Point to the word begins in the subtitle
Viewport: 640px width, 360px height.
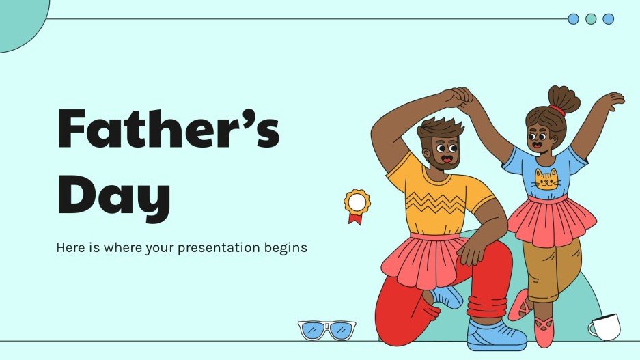[285, 247]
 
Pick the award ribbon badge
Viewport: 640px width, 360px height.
[356, 205]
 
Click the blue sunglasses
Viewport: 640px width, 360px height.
[327, 329]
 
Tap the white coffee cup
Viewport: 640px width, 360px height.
[604, 327]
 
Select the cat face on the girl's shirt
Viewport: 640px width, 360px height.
[546, 180]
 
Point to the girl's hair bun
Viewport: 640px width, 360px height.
[564, 98]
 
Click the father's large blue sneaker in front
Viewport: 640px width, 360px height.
[496, 335]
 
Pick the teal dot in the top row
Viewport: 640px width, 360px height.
[591, 19]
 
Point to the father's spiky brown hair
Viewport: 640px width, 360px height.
[441, 127]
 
